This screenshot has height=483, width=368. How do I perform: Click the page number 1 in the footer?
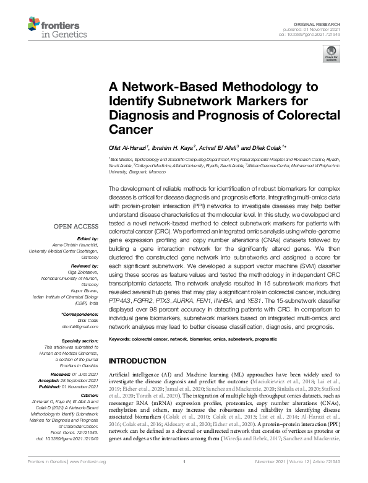184,478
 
